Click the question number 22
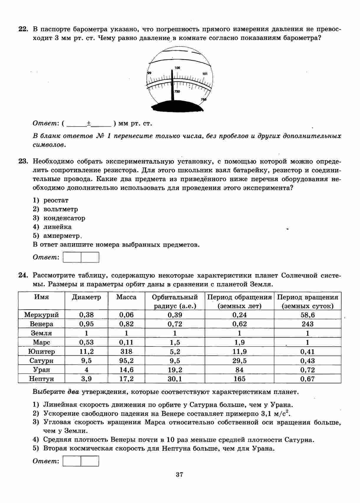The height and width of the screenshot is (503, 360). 23,29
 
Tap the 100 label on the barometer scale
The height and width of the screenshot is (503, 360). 177,68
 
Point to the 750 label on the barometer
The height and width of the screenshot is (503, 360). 177,92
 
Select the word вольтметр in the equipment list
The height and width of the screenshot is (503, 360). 61,209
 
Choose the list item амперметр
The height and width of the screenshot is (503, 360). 62,236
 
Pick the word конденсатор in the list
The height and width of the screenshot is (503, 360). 64,218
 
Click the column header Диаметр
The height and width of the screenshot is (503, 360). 86,297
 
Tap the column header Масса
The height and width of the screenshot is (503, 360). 126,297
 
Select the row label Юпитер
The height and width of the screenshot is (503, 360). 42,352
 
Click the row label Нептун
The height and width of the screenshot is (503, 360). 42,379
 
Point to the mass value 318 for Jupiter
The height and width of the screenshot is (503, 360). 126,352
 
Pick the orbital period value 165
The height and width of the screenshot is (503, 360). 240,379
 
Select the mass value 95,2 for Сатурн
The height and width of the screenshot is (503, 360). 126,361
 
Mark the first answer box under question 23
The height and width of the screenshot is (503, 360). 72,257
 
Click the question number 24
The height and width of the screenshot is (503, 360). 23,276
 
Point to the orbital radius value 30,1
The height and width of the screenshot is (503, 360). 175,379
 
